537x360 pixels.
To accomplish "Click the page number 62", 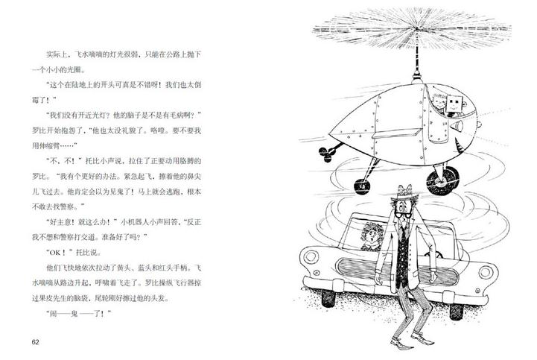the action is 36,342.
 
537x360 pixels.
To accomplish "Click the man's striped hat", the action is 404,192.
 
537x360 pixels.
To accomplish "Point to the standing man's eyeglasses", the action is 404,215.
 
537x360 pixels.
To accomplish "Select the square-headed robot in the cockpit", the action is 454,104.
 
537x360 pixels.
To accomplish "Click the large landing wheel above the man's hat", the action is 442,180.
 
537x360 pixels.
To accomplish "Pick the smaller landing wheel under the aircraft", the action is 362,186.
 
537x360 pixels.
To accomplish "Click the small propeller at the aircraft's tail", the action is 325,154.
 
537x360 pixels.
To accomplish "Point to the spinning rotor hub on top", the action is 416,29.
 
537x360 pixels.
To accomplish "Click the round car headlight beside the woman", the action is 311,257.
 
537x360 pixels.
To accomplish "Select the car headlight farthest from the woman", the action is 486,272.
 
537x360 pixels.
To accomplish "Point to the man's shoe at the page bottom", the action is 401,341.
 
